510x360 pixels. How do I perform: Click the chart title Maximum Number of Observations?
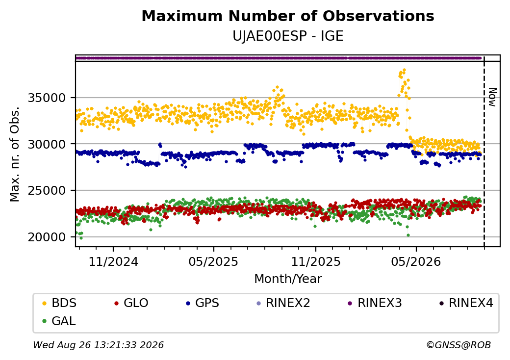(288, 16)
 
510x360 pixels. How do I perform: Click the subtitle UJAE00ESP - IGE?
(288, 36)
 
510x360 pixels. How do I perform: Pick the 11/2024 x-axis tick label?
(113, 261)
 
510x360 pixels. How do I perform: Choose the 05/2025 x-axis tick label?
(213, 261)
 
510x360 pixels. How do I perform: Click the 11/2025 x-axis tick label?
(315, 261)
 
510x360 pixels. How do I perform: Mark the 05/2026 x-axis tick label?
(416, 261)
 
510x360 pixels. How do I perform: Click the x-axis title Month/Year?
(288, 279)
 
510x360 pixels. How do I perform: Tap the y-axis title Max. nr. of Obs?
(15, 154)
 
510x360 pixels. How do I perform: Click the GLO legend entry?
(131, 303)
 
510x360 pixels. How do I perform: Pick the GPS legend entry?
(203, 303)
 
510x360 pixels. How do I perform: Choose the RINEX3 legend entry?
(375, 303)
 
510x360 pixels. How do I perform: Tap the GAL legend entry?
(59, 321)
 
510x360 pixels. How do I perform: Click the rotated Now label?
(493, 97)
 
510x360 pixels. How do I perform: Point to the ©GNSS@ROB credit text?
(459, 345)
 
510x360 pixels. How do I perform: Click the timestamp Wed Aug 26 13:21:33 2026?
(98, 345)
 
